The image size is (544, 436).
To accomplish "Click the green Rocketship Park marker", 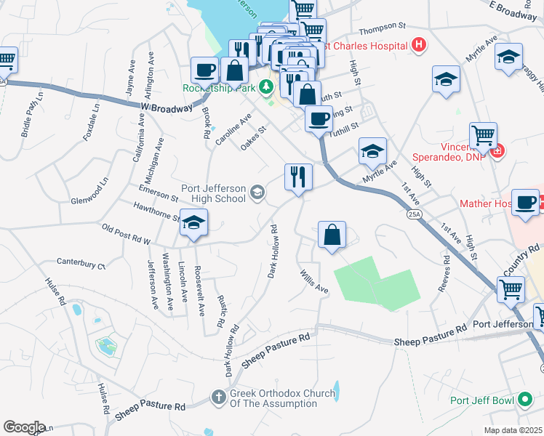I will tap(266, 87).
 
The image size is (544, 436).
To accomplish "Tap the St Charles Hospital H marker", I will tap(418, 45).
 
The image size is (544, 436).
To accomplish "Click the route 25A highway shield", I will tap(414, 214).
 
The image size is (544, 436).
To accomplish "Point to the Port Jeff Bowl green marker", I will tap(524, 400).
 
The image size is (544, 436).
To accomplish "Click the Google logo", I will tap(23, 427).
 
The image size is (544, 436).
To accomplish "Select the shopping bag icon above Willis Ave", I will tap(332, 235).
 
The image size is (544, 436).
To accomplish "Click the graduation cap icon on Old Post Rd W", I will tap(193, 223).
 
